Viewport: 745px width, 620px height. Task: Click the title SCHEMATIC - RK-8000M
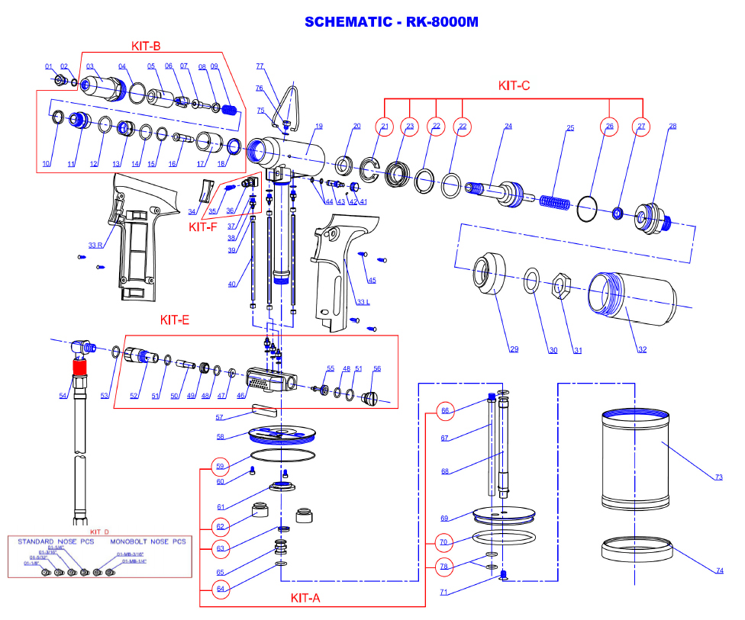pyautogui.click(x=391, y=21)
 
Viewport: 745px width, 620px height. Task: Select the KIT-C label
pyautogui.click(x=514, y=85)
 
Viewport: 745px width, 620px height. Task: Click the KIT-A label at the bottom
pyautogui.click(x=305, y=598)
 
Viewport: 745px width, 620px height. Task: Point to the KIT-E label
pyautogui.click(x=175, y=320)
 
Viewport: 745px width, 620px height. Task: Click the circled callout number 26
pyautogui.click(x=609, y=126)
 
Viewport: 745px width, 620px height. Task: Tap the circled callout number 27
pyautogui.click(x=640, y=126)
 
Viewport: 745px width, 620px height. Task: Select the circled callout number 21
pyautogui.click(x=384, y=126)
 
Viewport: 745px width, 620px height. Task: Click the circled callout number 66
pyautogui.click(x=445, y=410)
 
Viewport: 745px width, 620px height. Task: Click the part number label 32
pyautogui.click(x=642, y=350)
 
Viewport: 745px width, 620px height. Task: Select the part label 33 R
pyautogui.click(x=95, y=245)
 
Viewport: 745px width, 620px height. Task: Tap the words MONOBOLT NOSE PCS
pyautogui.click(x=151, y=541)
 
